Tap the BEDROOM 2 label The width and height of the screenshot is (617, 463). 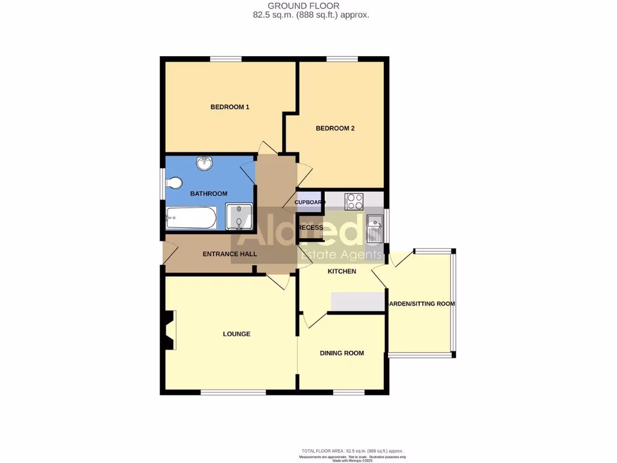coord(335,128)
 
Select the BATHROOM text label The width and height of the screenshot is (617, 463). coord(208,194)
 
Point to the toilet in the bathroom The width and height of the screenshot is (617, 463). coord(174,183)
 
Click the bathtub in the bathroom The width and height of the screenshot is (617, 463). coord(191,218)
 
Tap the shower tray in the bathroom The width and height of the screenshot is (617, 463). coord(239,217)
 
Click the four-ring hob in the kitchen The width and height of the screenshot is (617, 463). coord(354,201)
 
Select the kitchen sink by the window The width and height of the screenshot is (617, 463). coord(374,228)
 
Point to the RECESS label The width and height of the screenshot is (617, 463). coord(311,227)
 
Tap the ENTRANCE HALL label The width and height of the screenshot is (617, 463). coord(230,254)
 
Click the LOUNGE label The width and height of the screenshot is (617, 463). coord(236,333)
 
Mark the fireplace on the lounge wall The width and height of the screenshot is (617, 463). coord(169,330)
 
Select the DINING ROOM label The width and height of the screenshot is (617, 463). coord(342,353)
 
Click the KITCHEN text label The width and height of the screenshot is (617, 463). coord(342,271)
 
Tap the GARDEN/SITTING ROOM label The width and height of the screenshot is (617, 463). coord(421,304)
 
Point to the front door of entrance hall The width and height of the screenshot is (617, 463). coord(164,253)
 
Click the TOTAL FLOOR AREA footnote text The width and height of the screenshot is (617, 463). coord(352,451)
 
